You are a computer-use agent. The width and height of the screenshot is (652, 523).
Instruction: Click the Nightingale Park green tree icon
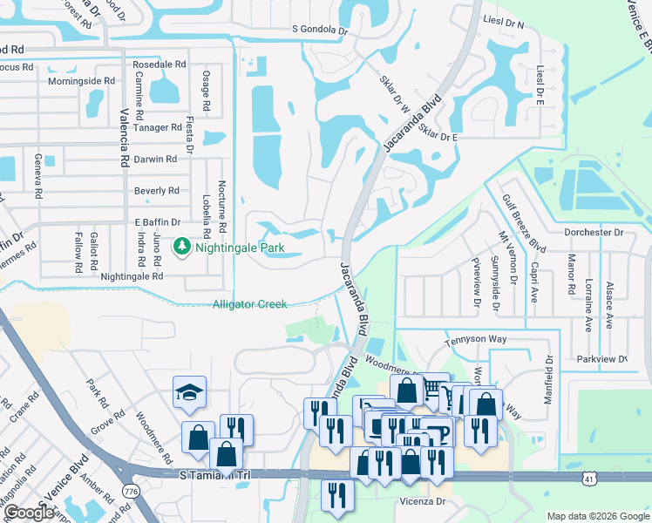pos(182,248)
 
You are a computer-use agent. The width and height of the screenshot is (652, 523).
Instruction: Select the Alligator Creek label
pos(249,304)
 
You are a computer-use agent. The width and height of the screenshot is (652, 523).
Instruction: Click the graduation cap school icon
pos(189,394)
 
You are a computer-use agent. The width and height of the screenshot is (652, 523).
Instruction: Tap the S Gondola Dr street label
pos(320,30)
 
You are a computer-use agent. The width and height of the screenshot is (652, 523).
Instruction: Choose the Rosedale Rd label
pos(159,65)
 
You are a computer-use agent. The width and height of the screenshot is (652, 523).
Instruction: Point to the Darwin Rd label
pos(155,160)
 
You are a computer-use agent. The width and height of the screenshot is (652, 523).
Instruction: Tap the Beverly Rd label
pos(156,191)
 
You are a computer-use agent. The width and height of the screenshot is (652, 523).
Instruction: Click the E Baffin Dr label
pos(157,222)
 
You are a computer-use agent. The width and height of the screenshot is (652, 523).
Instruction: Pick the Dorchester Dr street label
pos(594,233)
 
